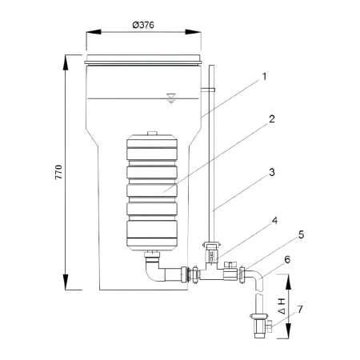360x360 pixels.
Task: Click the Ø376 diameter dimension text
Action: pos(143,25)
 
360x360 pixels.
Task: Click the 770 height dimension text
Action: pos(58,172)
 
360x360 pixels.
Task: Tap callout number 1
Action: pos(264,77)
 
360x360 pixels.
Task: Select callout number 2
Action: pos(272,119)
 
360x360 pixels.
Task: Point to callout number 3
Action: pos(272,172)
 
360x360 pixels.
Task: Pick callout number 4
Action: pos(274,221)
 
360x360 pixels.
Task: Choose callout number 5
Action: pos(301,234)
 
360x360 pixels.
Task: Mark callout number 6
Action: pos(287,259)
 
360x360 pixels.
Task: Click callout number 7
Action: pos(300,310)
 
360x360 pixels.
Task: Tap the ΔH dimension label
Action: pos(282,306)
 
